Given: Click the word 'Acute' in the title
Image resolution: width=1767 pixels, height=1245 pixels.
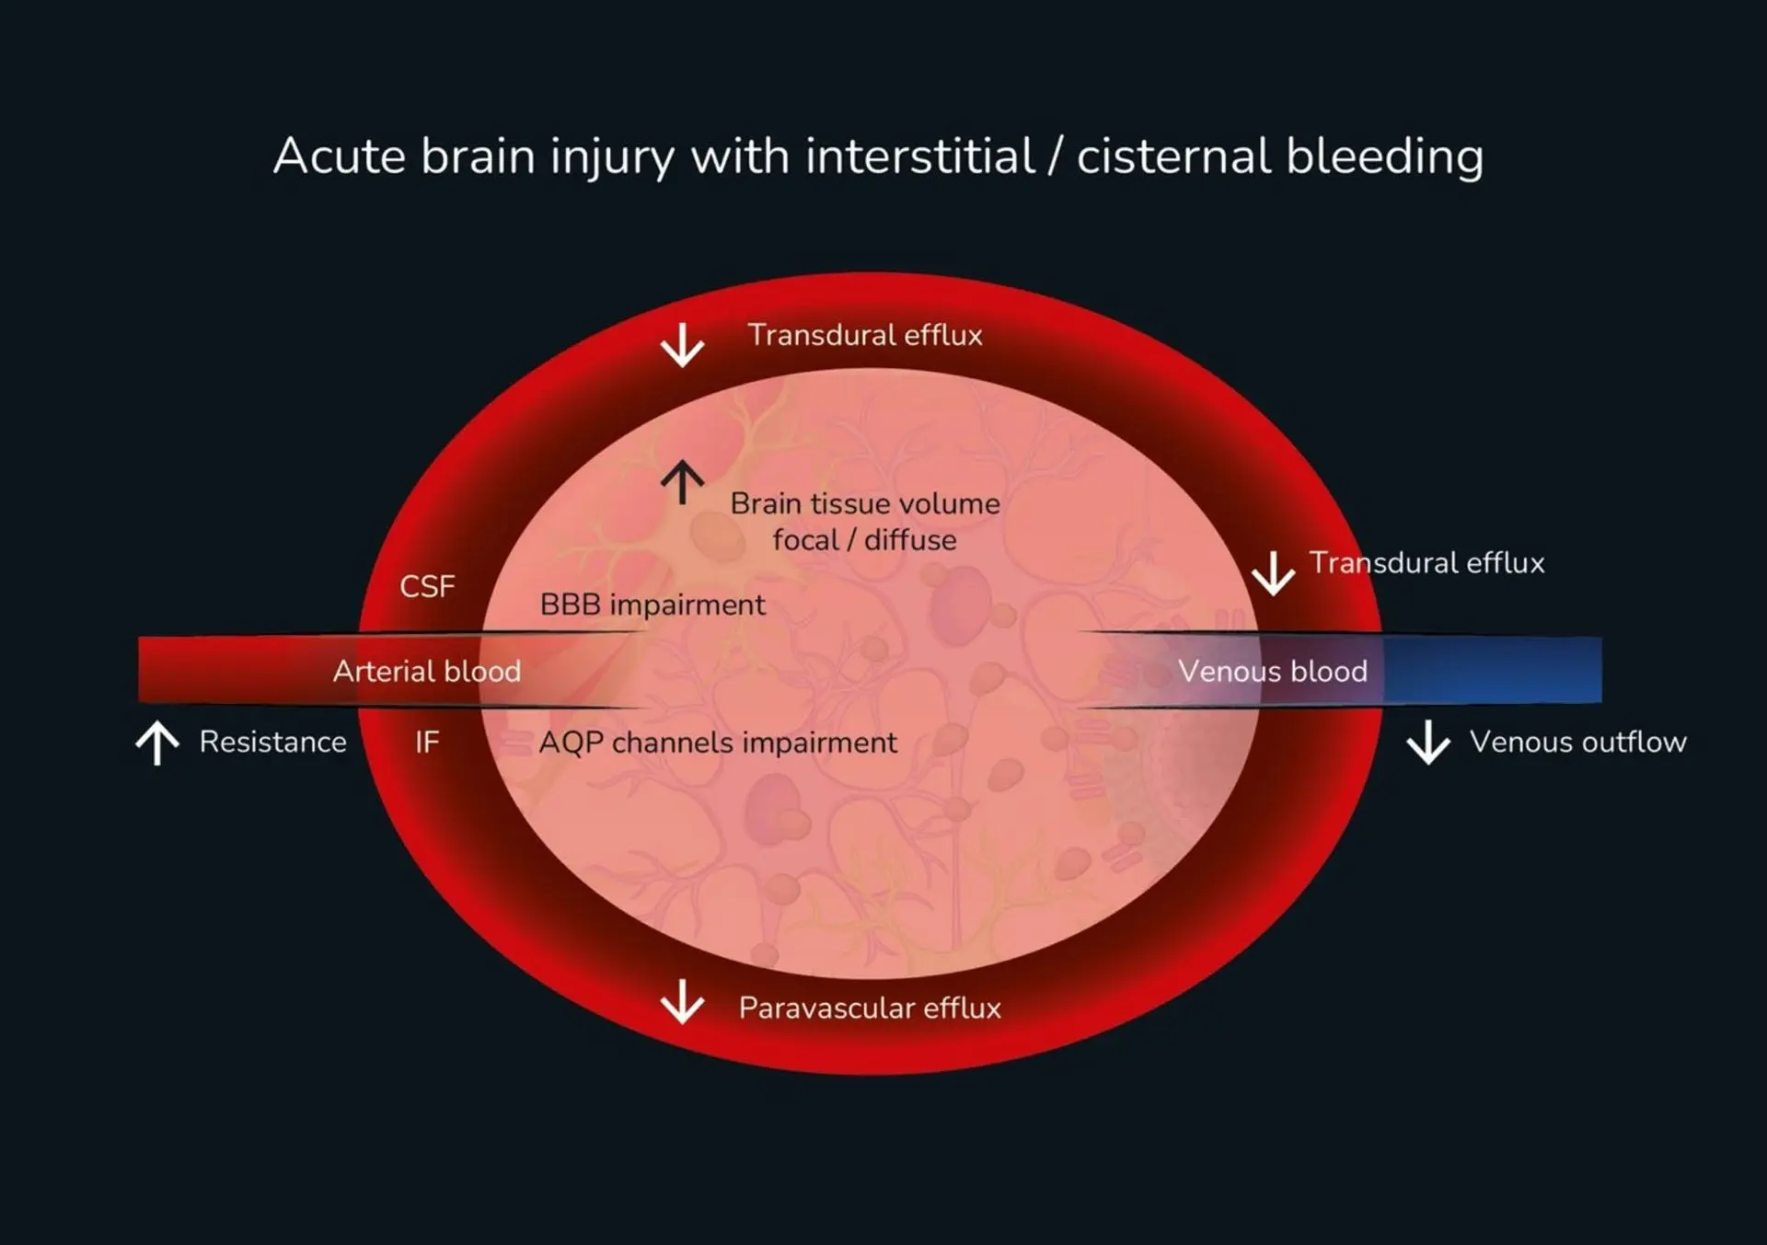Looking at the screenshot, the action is (x=339, y=156).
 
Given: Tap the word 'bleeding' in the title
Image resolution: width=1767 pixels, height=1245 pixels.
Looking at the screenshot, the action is (x=1384, y=157).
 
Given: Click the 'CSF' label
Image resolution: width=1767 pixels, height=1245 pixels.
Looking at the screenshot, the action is (x=427, y=586).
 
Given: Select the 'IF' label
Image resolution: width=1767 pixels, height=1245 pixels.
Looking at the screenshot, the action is (x=427, y=742).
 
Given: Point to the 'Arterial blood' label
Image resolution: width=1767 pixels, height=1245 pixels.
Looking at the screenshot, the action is (x=427, y=671).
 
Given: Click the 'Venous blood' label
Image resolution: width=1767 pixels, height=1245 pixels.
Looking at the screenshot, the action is (x=1273, y=671).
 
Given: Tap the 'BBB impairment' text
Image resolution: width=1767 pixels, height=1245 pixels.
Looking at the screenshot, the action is (x=653, y=605).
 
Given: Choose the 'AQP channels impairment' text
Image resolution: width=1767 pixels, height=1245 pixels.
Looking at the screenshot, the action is (x=718, y=742).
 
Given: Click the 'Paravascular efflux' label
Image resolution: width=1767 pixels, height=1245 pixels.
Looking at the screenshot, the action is (x=870, y=1008).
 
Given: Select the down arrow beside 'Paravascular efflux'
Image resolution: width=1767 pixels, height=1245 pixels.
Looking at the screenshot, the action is (x=682, y=1001).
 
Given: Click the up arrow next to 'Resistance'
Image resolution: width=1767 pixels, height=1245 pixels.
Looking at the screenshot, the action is (x=157, y=743).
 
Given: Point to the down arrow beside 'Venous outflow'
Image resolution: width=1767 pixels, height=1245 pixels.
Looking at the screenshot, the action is (x=1428, y=743).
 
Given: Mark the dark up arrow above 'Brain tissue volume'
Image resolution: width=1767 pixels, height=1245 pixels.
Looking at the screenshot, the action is (x=682, y=482).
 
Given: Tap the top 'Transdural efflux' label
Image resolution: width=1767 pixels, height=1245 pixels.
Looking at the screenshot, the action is (x=865, y=335).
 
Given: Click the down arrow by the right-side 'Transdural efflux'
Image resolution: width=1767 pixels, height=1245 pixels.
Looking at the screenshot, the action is (x=1273, y=573).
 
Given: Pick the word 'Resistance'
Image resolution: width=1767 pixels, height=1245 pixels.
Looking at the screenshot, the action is (x=273, y=742).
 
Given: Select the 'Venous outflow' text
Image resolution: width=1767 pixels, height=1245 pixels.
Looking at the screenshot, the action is (x=1577, y=742).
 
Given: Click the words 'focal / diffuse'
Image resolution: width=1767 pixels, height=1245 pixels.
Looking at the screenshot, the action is (x=864, y=540).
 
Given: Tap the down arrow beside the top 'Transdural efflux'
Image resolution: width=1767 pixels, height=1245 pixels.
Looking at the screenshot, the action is (x=682, y=345).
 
